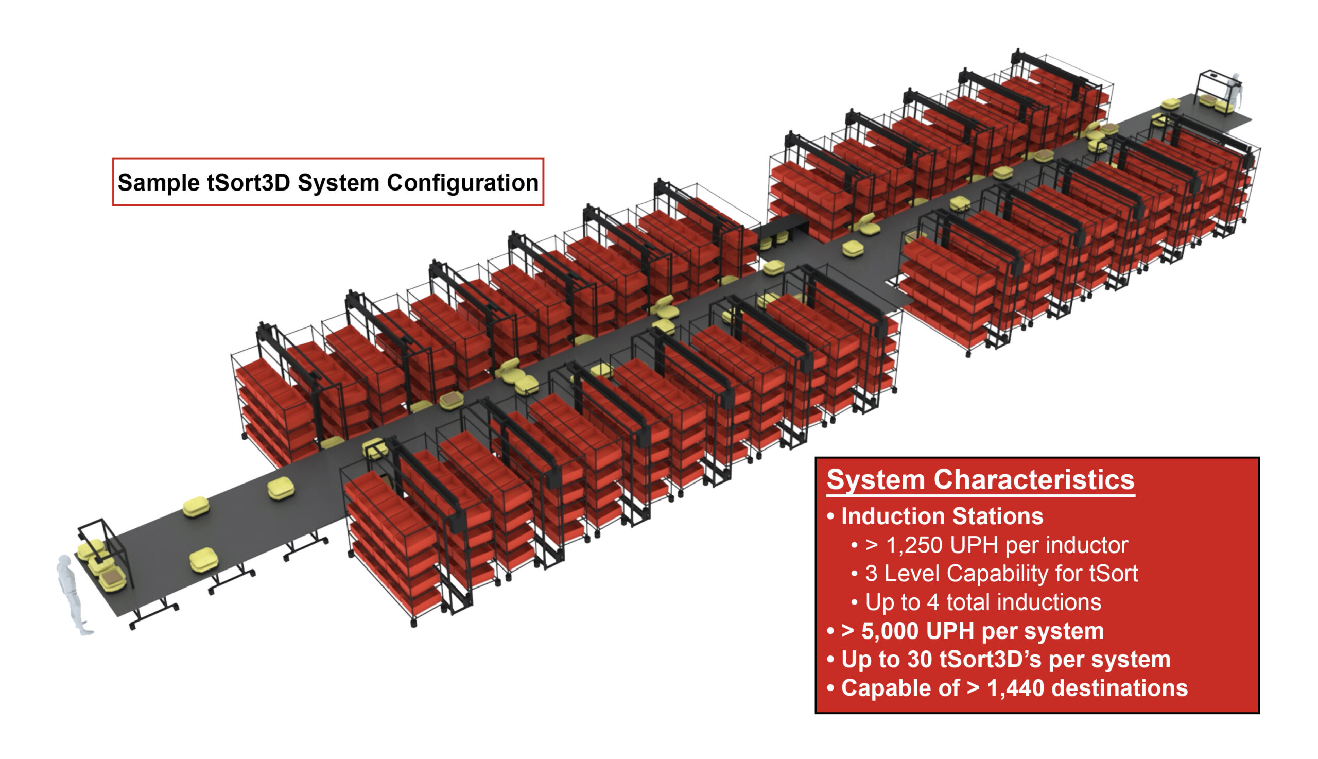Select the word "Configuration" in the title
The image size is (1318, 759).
coord(462,183)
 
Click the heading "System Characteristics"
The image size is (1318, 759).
coord(980,479)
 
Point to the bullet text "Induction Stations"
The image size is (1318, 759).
coord(942,516)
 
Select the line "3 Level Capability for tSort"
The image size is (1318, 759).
coord(1001,574)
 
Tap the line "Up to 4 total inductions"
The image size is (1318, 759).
coord(983,602)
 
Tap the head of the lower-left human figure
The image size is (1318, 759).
coord(64,561)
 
